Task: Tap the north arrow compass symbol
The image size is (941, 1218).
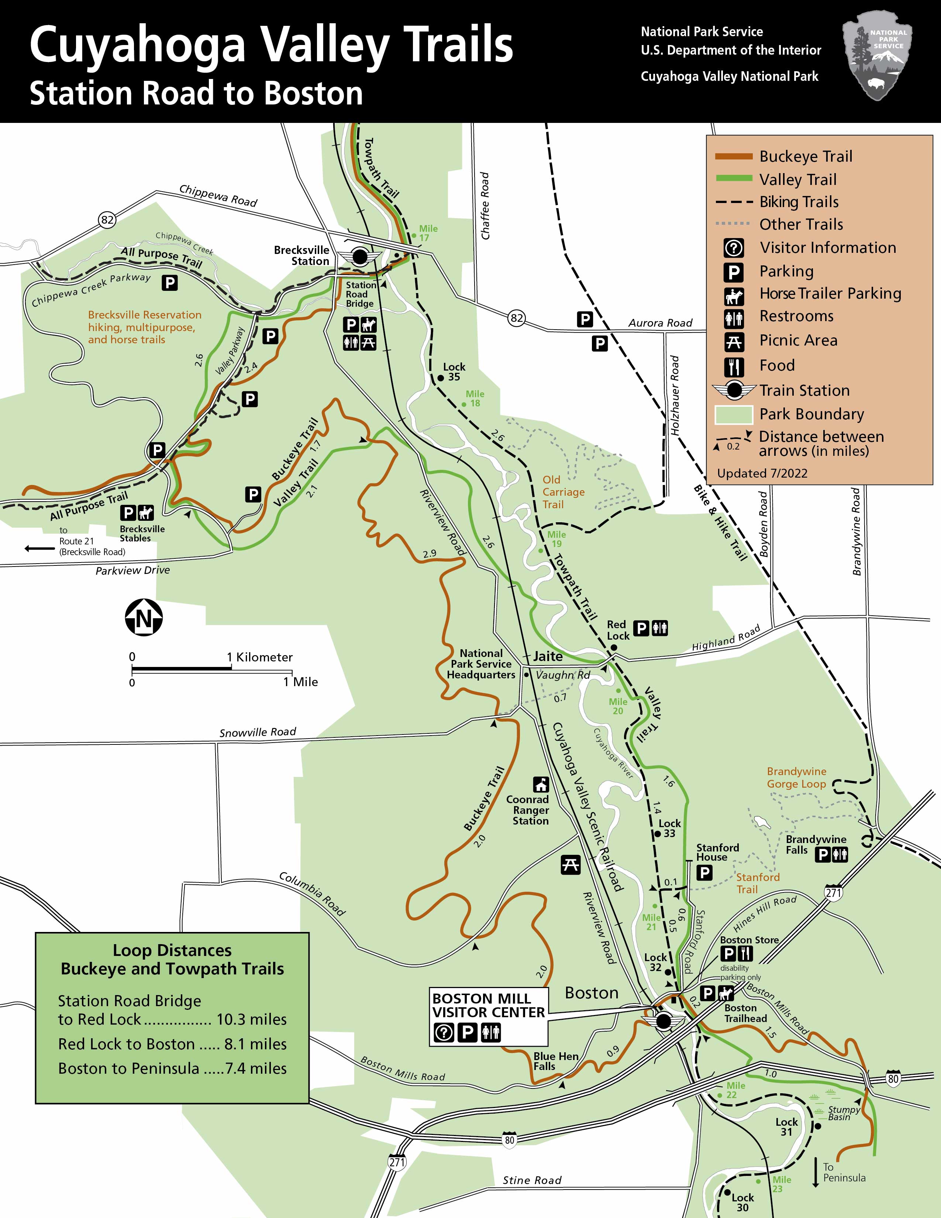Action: pos(143,618)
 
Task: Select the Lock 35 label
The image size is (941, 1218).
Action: pos(454,371)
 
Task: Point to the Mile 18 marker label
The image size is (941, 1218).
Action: pos(475,398)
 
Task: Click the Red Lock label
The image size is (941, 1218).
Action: pos(618,630)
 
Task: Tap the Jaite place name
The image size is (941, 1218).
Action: pos(547,656)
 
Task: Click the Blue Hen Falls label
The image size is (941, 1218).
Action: pos(555,1061)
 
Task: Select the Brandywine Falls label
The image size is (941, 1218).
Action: pos(816,844)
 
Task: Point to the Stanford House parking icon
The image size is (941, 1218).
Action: pos(704,872)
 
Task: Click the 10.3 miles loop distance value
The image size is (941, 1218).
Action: pos(251,1019)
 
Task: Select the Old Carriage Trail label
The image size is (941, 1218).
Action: pos(563,492)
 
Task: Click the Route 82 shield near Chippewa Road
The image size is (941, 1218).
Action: pos(107,220)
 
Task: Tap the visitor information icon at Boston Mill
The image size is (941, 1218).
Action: pos(444,1033)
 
